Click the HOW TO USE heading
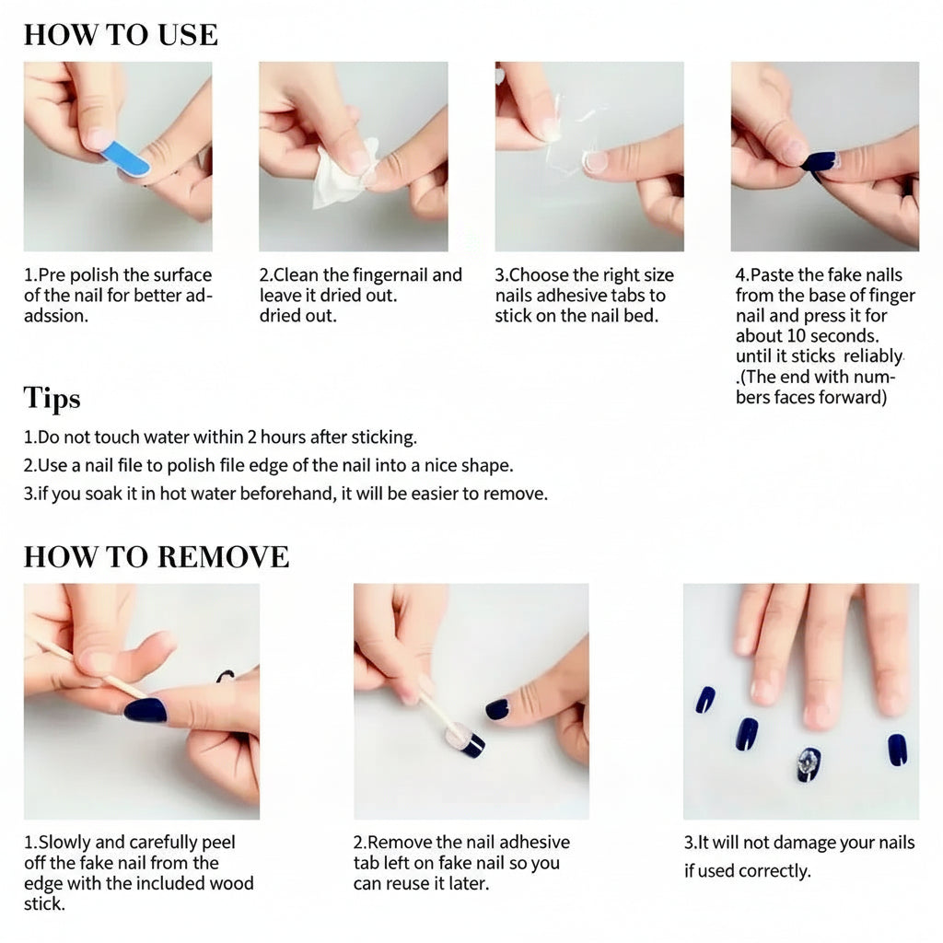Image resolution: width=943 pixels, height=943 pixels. [121, 35]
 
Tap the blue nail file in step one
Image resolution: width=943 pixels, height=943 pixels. [125, 158]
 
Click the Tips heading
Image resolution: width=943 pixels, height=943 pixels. [52, 398]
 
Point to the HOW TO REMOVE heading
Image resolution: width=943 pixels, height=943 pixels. [157, 557]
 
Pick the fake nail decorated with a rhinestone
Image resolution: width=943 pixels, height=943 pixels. [809, 764]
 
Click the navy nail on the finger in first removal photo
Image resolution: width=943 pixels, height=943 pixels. [146, 710]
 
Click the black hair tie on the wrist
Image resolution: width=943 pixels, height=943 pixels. [226, 676]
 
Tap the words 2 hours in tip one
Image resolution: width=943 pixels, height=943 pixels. [276, 437]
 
